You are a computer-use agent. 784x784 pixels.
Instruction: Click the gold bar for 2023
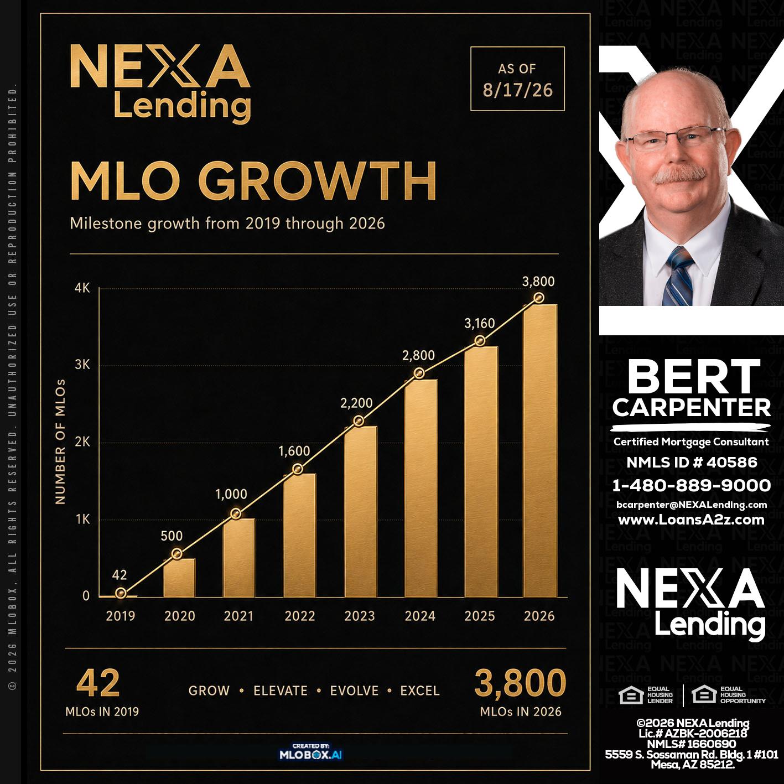click(x=361, y=511)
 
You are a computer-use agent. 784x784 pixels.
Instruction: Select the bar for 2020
click(x=179, y=578)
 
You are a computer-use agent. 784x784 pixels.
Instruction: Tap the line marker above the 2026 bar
click(x=539, y=298)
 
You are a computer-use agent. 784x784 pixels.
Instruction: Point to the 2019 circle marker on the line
click(x=121, y=593)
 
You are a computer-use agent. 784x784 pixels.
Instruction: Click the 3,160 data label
click(x=480, y=324)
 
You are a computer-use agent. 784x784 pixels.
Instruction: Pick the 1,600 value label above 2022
click(x=294, y=451)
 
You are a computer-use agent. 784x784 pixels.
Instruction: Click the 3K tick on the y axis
click(x=82, y=365)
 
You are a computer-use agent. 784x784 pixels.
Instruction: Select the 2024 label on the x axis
click(x=420, y=616)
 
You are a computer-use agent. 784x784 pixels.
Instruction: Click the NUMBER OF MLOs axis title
click(x=60, y=442)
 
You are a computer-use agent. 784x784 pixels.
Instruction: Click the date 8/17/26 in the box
click(x=517, y=90)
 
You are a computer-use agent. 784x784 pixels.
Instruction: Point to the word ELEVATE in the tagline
click(x=281, y=690)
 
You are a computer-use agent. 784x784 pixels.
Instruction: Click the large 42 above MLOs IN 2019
click(x=98, y=683)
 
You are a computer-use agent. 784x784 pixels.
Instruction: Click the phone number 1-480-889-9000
click(x=692, y=485)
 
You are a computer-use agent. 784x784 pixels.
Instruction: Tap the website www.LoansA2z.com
click(x=691, y=520)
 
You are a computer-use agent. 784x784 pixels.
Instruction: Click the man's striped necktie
click(x=678, y=277)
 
